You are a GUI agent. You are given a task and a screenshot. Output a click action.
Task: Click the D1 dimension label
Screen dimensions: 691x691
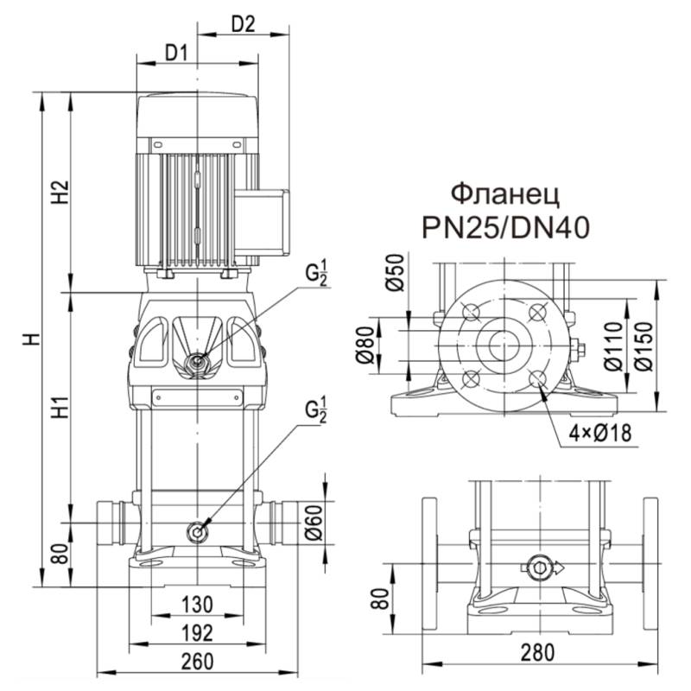176,54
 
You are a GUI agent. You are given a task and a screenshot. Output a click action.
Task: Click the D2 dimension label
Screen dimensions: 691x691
244,24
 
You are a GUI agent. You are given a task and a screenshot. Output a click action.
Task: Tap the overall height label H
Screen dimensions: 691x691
31,338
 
